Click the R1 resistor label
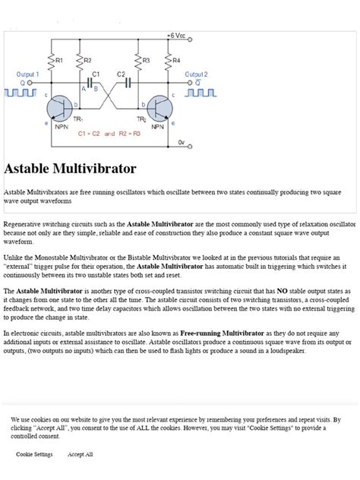pyautogui.click(x=60, y=59)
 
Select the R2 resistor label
pyautogui.click(x=87, y=59)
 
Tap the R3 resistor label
pyautogui.click(x=147, y=59)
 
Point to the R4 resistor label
pyautogui.click(x=176, y=59)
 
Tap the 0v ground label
pyautogui.click(x=181, y=142)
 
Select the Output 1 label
pyautogui.click(x=28, y=74)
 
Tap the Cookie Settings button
pyautogui.click(x=34, y=454)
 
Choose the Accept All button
pyautogui.click(x=80, y=454)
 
